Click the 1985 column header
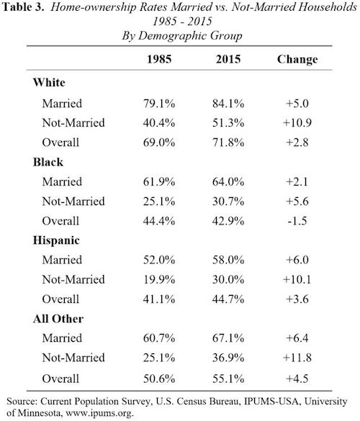159,59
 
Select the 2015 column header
228,59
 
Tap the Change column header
297,60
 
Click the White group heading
49,83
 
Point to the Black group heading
48,162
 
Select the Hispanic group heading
56,240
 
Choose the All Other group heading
58,319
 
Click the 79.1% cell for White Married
159,104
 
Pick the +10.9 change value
297,123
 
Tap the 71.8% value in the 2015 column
228,142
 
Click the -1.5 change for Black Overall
297,221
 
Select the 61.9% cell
159,182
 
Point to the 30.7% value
228,202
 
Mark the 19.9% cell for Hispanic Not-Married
159,279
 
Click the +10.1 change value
297,279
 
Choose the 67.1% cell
228,338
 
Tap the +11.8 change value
297,358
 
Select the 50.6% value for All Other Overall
159,379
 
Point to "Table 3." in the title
23,7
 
